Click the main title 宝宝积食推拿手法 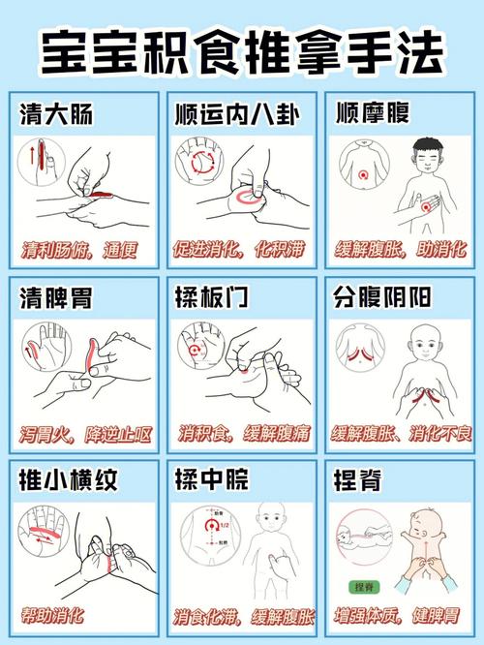pos(242,51)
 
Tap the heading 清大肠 pos(56,114)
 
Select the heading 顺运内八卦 pos(237,114)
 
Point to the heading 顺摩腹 pos(373,112)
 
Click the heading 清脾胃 pos(56,297)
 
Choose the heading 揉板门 pos(212,296)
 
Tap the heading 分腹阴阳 pos(382,296)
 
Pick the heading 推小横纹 pos(69,479)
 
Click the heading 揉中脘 pos(212,478)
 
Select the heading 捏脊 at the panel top pos(357,479)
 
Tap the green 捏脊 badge pos(364,587)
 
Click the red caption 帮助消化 pos(52,616)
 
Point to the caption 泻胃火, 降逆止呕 pos(85,435)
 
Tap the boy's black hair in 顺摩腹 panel pos(427,145)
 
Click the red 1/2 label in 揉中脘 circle pos(225,525)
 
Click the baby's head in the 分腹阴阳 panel pos(424,345)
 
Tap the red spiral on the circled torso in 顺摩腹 pos(363,175)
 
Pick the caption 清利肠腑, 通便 pos(79,250)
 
